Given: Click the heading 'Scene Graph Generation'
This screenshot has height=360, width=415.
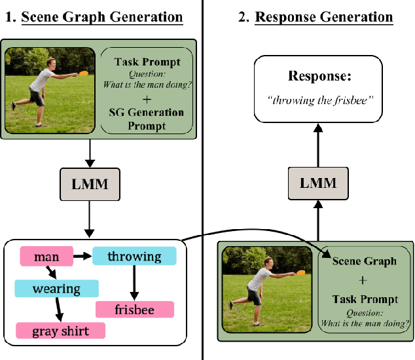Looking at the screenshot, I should (x=101, y=16).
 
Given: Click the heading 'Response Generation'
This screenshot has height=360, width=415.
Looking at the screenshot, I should (x=323, y=16).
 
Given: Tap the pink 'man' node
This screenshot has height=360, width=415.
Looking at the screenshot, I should (x=46, y=257).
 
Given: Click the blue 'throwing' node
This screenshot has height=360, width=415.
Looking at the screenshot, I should (x=134, y=257).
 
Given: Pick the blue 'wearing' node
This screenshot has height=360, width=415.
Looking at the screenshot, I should (x=57, y=289).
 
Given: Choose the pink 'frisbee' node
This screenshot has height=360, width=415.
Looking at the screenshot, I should (x=135, y=310).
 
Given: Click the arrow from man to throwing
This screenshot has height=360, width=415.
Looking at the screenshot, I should (x=82, y=257).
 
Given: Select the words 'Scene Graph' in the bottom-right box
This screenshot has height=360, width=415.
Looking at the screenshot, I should (x=365, y=261).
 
